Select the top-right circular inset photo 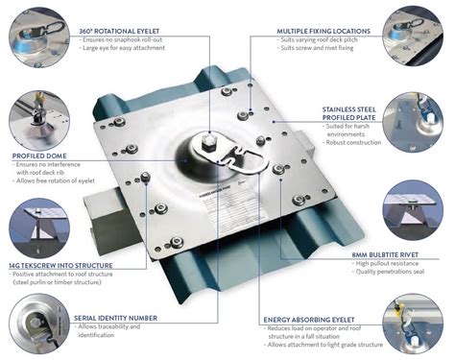(x=414, y=36)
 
